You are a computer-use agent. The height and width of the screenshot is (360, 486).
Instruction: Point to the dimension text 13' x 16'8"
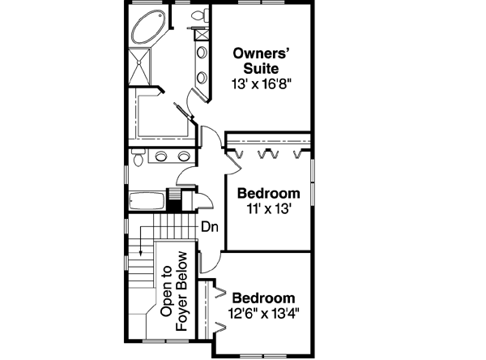point(260,82)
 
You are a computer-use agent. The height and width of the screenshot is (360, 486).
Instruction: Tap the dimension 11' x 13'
point(268,208)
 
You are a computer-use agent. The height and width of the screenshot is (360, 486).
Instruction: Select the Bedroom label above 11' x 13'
point(268,194)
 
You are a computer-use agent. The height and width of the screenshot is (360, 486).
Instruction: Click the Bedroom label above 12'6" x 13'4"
point(264,298)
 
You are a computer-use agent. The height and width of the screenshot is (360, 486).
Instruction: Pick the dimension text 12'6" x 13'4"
point(264,313)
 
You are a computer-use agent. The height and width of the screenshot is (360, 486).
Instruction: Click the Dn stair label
point(209,228)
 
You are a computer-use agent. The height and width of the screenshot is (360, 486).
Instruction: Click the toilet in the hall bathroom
point(137,160)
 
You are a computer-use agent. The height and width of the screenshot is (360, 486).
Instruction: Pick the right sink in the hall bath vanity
point(184,156)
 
